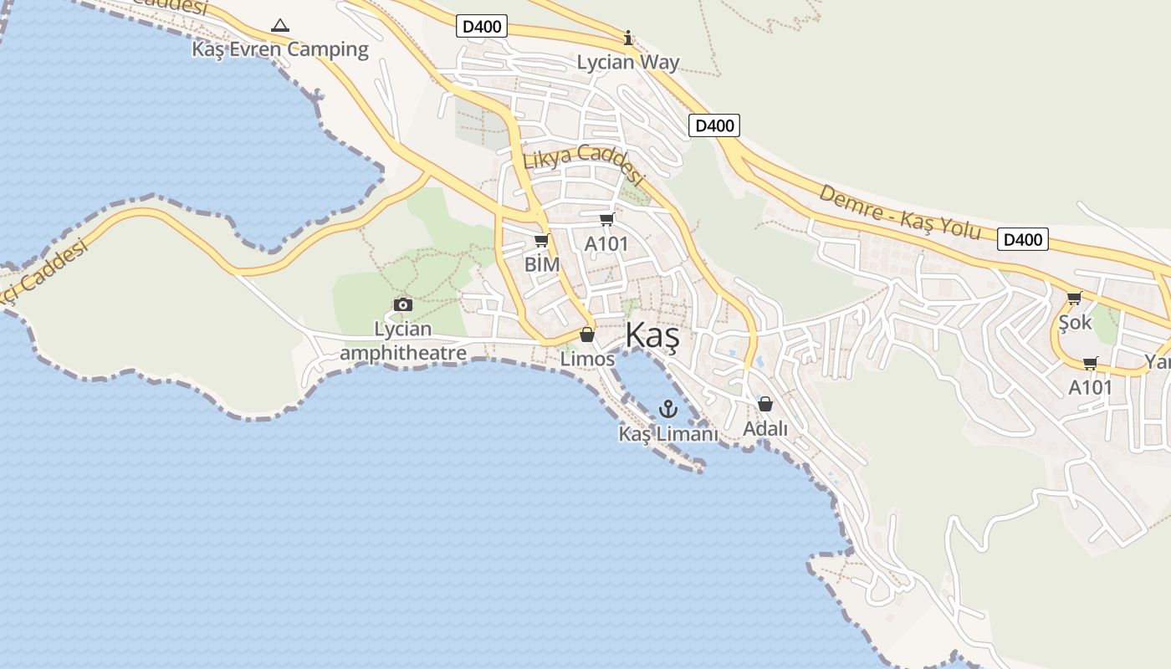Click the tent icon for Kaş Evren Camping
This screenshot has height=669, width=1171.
[280, 26]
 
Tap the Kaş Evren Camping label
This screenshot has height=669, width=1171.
[280, 49]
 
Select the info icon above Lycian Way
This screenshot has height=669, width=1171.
[628, 38]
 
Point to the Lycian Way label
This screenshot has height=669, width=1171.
[628, 63]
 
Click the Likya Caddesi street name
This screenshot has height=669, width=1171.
[583, 164]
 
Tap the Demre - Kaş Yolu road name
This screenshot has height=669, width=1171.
[899, 212]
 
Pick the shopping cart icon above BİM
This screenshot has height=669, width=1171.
[541, 241]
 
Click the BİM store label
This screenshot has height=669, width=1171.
[541, 264]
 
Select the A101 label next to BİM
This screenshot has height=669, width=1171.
[606, 244]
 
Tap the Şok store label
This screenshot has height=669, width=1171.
[1075, 322]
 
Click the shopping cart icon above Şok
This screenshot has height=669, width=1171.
[1075, 298]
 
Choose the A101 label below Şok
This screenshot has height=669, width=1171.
[1091, 388]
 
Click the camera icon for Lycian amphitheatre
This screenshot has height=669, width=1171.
[402, 304]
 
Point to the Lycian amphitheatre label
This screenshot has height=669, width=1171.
[402, 341]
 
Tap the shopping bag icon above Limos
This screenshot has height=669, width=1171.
[587, 334]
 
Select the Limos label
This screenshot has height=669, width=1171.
[587, 360]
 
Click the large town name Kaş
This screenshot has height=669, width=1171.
[652, 336]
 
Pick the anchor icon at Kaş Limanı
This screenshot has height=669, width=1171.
[667, 409]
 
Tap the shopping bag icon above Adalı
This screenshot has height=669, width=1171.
[765, 404]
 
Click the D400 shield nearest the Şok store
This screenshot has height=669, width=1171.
[1023, 240]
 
